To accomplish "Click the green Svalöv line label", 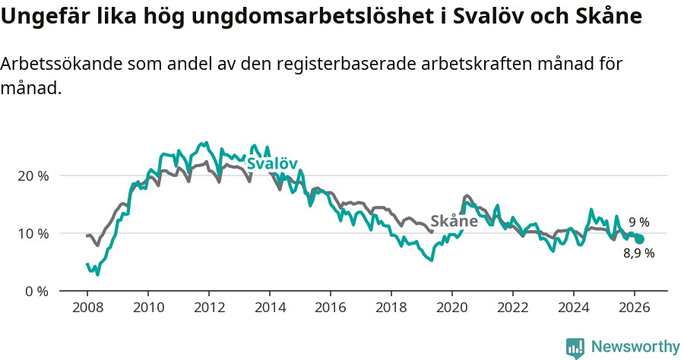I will tap(271, 163).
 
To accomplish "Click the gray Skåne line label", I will tap(454, 221).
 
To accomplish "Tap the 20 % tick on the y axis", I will tap(33, 175).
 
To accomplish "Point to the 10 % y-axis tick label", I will tap(33, 233).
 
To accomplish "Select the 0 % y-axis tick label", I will tap(36, 291).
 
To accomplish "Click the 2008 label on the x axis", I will tap(87, 307).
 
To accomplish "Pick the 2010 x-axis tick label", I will tap(148, 307).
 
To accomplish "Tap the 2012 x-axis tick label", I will tap(209, 307).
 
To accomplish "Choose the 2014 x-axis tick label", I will tap(270, 307).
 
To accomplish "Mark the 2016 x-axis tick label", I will tap(331, 307).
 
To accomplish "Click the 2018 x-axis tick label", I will tap(391, 307).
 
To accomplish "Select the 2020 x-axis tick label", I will tap(452, 307).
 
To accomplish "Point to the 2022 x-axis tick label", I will tap(513, 307).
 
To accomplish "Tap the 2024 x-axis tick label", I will tap(574, 307).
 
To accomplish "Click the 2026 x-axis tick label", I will tap(635, 307).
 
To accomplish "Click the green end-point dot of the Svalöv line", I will tap(639, 239).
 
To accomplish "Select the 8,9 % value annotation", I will tap(638, 254).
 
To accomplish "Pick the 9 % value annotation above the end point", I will tap(638, 223).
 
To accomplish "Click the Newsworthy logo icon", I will tap(575, 347).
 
